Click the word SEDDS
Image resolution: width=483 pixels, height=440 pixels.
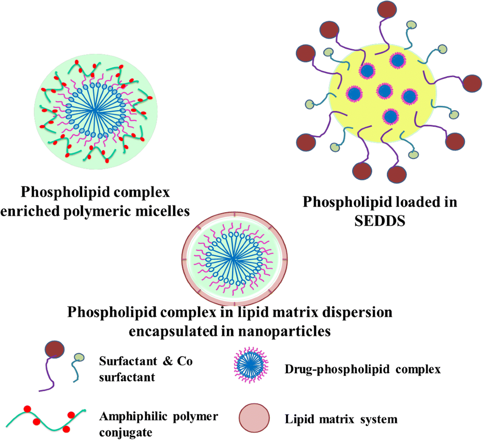click(380, 220)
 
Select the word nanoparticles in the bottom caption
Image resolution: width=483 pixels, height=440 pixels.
click(284, 331)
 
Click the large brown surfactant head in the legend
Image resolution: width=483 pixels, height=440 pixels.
click(54, 348)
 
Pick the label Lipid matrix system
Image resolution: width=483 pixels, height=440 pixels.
click(341, 419)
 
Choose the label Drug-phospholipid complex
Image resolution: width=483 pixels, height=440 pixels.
click(362, 369)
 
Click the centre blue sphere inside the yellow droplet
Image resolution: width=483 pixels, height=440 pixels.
click(384, 91)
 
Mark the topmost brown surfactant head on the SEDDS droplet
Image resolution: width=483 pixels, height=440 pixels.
click(386, 10)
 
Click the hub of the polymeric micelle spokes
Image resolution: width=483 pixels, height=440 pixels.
click(94, 110)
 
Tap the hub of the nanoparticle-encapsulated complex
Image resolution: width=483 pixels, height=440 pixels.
click(233, 259)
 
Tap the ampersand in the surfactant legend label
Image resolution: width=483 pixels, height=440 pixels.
click(167, 361)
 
